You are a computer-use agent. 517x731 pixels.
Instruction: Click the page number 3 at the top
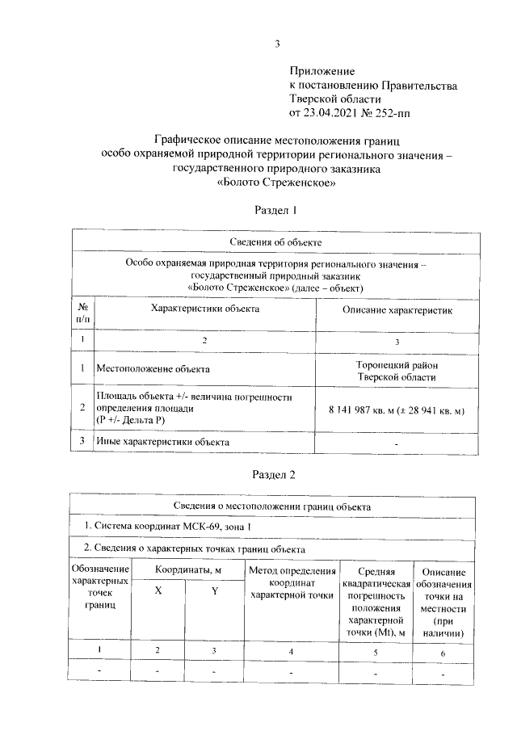click(x=277, y=43)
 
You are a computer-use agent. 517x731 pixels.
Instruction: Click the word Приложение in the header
click(x=322, y=73)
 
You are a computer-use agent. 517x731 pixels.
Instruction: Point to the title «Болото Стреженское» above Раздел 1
click(x=276, y=183)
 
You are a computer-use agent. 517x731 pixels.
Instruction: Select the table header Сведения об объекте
click(x=276, y=242)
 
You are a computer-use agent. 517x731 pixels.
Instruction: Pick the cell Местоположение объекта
click(x=153, y=369)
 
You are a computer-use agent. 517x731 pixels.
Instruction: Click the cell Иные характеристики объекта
click(x=162, y=442)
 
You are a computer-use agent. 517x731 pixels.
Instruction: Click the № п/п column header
click(x=82, y=314)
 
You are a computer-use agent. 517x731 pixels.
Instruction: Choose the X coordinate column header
click(x=158, y=590)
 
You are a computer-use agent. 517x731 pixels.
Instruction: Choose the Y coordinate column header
click(x=215, y=590)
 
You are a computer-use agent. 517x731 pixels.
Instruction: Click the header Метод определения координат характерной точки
click(x=292, y=583)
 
